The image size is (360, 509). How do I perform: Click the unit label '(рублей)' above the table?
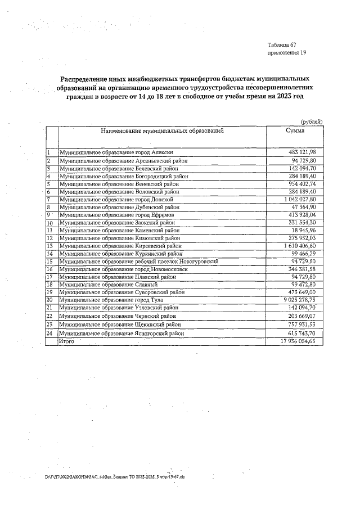pos(312,121)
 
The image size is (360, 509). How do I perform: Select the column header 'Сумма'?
pos(295,130)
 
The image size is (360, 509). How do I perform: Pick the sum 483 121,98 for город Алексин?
pos(303,152)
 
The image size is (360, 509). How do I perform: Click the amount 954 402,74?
pos(303,183)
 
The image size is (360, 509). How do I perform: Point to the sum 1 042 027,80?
pos(300,199)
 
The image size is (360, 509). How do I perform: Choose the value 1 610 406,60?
pos(300,246)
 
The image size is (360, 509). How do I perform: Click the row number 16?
pos(49,269)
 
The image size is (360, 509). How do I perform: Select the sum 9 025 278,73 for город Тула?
pos(300,301)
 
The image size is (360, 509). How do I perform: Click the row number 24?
pos(49,334)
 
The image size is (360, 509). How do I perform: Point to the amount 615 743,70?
pos(303,334)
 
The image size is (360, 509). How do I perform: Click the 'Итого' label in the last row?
pos(66,341)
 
